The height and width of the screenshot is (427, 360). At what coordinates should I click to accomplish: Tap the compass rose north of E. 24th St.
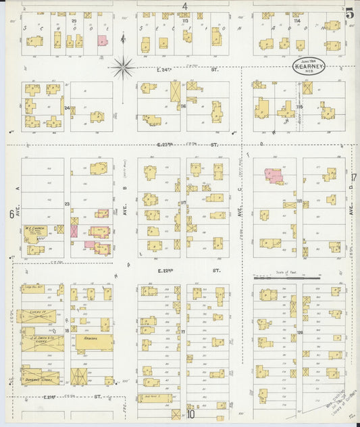point(123,66)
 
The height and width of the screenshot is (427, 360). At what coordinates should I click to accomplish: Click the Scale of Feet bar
point(286,276)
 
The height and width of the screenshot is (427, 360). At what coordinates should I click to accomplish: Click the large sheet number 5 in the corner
point(349,12)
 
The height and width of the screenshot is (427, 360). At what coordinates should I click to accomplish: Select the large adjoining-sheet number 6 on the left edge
point(11,214)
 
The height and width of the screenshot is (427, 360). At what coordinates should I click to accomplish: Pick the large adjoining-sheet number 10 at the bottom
point(191,414)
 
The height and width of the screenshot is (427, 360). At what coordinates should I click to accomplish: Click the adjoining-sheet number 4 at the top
point(184,7)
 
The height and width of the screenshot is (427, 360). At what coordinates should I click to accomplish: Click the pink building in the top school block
point(102,41)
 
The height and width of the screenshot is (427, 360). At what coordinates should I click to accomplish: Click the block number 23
point(67,203)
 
